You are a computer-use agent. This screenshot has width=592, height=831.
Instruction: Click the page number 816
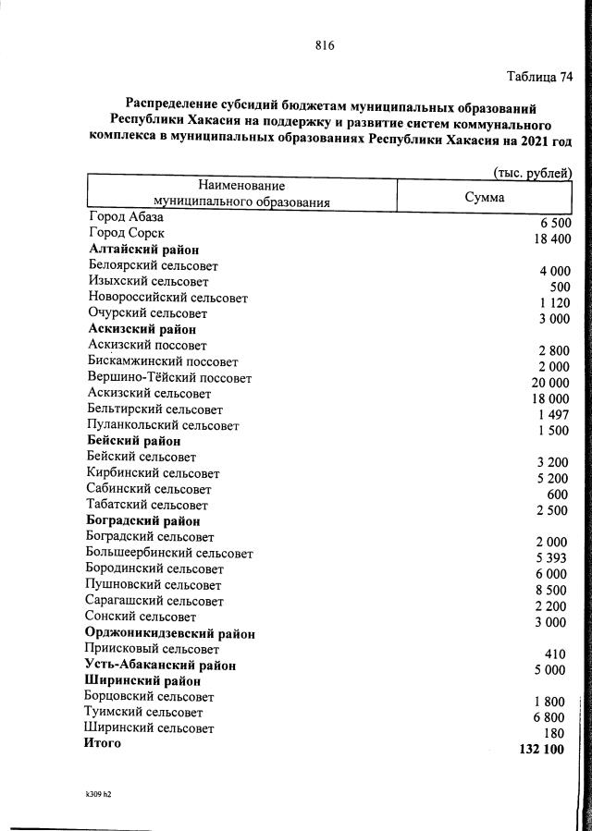coord(323,44)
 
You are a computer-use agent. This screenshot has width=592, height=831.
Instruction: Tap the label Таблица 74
coord(540,77)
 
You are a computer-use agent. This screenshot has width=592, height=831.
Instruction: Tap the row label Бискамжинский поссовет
coord(163,361)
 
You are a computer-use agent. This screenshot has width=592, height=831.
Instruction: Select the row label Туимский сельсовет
coord(143,713)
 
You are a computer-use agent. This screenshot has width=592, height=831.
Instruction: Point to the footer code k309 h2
coord(98,793)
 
